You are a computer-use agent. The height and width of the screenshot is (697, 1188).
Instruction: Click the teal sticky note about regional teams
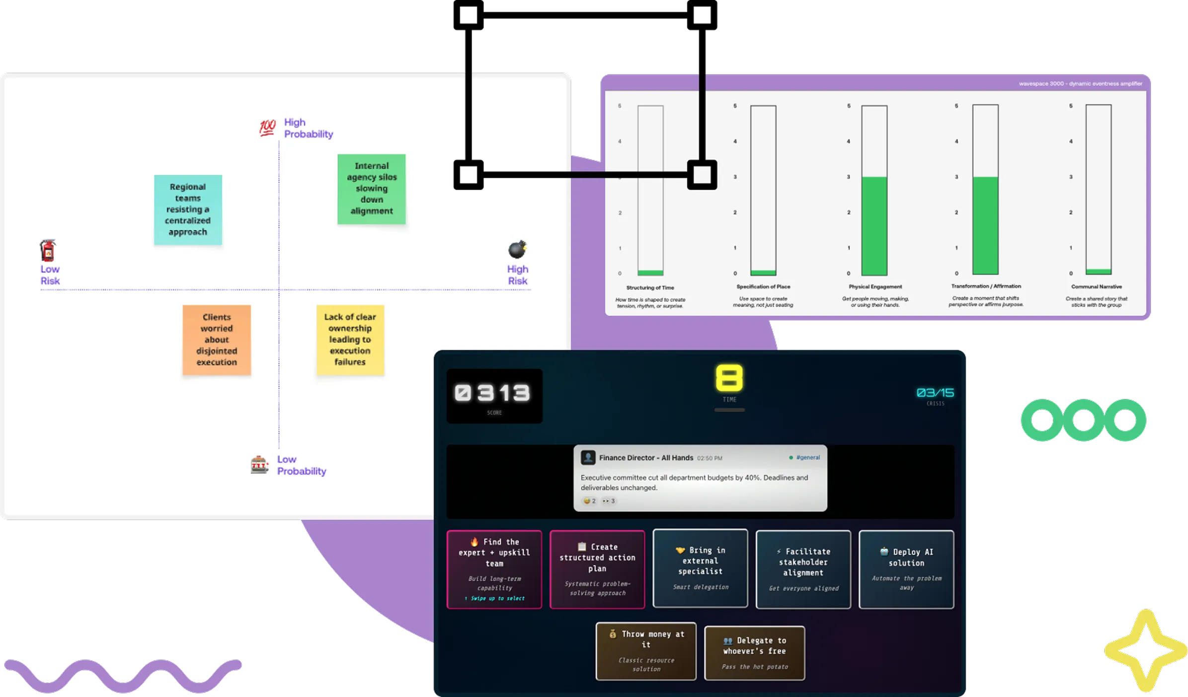click(x=188, y=209)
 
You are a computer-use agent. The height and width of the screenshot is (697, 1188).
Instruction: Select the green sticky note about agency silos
click(x=371, y=189)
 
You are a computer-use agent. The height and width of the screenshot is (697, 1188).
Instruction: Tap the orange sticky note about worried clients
click(x=217, y=340)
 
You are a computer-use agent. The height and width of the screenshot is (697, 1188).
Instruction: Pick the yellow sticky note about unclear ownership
click(x=350, y=340)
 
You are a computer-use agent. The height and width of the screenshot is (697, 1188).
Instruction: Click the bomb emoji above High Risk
click(x=517, y=249)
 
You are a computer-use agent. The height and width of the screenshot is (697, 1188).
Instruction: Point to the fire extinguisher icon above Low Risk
click(x=48, y=251)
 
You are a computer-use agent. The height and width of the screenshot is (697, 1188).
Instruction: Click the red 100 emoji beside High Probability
click(x=267, y=127)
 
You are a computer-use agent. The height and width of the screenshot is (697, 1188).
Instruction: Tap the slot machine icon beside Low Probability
click(x=259, y=465)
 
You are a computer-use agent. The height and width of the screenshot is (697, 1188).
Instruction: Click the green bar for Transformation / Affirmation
click(x=985, y=225)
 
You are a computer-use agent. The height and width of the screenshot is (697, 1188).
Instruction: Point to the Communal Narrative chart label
click(x=1096, y=287)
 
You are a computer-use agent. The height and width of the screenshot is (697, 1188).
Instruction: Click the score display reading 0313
click(x=494, y=394)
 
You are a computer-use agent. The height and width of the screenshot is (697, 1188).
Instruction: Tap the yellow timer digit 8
click(x=729, y=378)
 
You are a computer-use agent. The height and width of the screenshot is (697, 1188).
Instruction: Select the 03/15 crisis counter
click(x=935, y=393)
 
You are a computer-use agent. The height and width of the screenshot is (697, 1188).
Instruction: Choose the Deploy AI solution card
click(x=906, y=569)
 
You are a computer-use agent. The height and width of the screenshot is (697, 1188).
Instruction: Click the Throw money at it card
click(x=646, y=651)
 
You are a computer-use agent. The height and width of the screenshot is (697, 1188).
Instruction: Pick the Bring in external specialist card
click(x=700, y=568)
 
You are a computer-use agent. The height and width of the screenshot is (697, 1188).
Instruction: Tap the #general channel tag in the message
click(x=807, y=458)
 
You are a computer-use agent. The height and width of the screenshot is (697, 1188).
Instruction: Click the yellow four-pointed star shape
click(x=1145, y=651)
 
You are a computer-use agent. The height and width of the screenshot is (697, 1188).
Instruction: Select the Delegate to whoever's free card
click(x=754, y=653)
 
